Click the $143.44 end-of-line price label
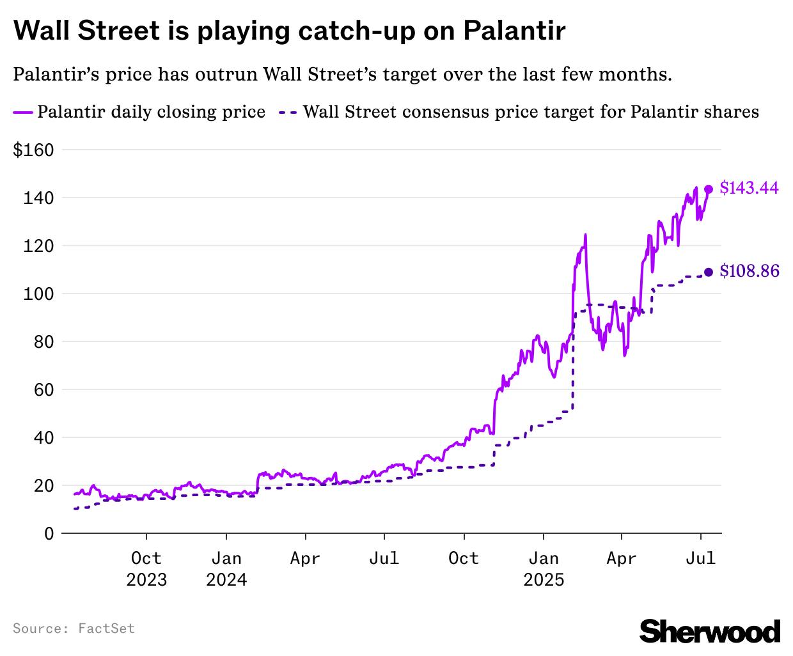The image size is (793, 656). [x=749, y=188]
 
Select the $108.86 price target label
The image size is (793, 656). [x=749, y=272]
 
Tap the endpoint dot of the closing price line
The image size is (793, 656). [x=709, y=189]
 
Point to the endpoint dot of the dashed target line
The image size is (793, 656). [x=709, y=272]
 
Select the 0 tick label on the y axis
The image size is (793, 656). [x=49, y=533]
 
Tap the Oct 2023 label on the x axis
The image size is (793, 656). [x=146, y=569]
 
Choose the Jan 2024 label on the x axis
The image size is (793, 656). [x=226, y=569]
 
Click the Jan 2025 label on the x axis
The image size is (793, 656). [x=544, y=569]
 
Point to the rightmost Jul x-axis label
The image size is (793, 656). [x=700, y=559]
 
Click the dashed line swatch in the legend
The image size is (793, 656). [x=287, y=112]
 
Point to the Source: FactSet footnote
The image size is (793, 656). [x=74, y=629]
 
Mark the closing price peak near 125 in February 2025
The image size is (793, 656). [x=585, y=235]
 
